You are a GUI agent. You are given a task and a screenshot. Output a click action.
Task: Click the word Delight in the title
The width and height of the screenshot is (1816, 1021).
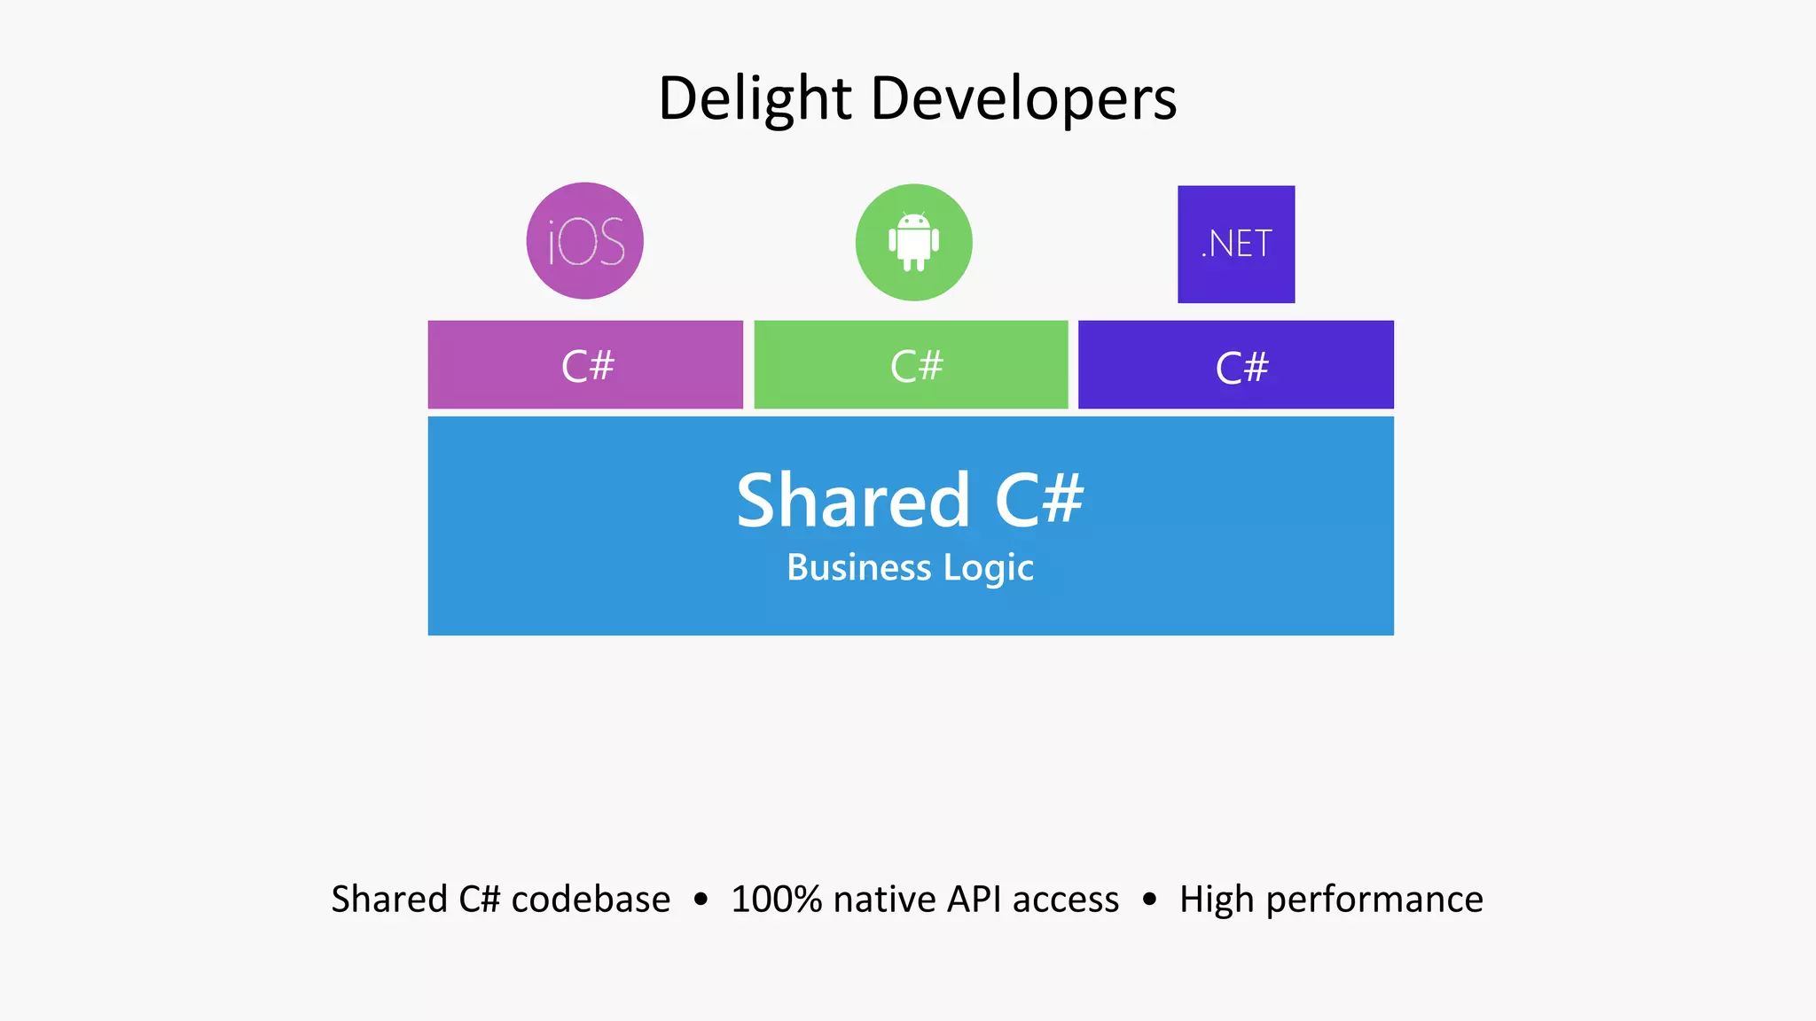tap(755, 98)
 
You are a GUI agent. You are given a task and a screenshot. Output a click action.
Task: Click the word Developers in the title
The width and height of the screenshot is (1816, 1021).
tap(1024, 98)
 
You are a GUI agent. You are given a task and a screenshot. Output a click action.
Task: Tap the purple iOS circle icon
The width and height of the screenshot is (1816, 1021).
tap(585, 241)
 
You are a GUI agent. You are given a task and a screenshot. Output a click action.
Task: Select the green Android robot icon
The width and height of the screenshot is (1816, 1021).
tap(913, 242)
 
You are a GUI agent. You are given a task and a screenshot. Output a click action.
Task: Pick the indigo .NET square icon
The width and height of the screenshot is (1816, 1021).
tap(1236, 244)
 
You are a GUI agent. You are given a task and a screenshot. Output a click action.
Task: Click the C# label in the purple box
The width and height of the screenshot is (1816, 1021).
tap(587, 366)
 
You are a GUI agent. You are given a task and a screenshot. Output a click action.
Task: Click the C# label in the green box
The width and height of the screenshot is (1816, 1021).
tap(916, 366)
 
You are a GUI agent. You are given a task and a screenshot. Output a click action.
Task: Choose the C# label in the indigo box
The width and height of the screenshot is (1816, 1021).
tap(1241, 367)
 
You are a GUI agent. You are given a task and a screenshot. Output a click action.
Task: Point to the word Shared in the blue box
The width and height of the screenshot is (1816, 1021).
tap(853, 501)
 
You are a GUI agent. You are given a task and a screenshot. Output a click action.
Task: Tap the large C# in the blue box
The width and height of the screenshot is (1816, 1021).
tap(1039, 501)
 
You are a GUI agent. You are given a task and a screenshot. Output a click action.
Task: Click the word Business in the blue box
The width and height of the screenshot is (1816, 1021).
tap(859, 567)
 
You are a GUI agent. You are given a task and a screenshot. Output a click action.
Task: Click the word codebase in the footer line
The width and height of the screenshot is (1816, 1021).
tap(591, 900)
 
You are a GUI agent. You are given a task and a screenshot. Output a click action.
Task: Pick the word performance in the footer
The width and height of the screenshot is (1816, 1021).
tap(1374, 900)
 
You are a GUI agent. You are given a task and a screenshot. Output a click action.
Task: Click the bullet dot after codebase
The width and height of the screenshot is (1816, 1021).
tap(701, 900)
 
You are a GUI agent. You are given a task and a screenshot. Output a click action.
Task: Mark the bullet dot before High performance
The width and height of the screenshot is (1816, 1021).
tap(1149, 900)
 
